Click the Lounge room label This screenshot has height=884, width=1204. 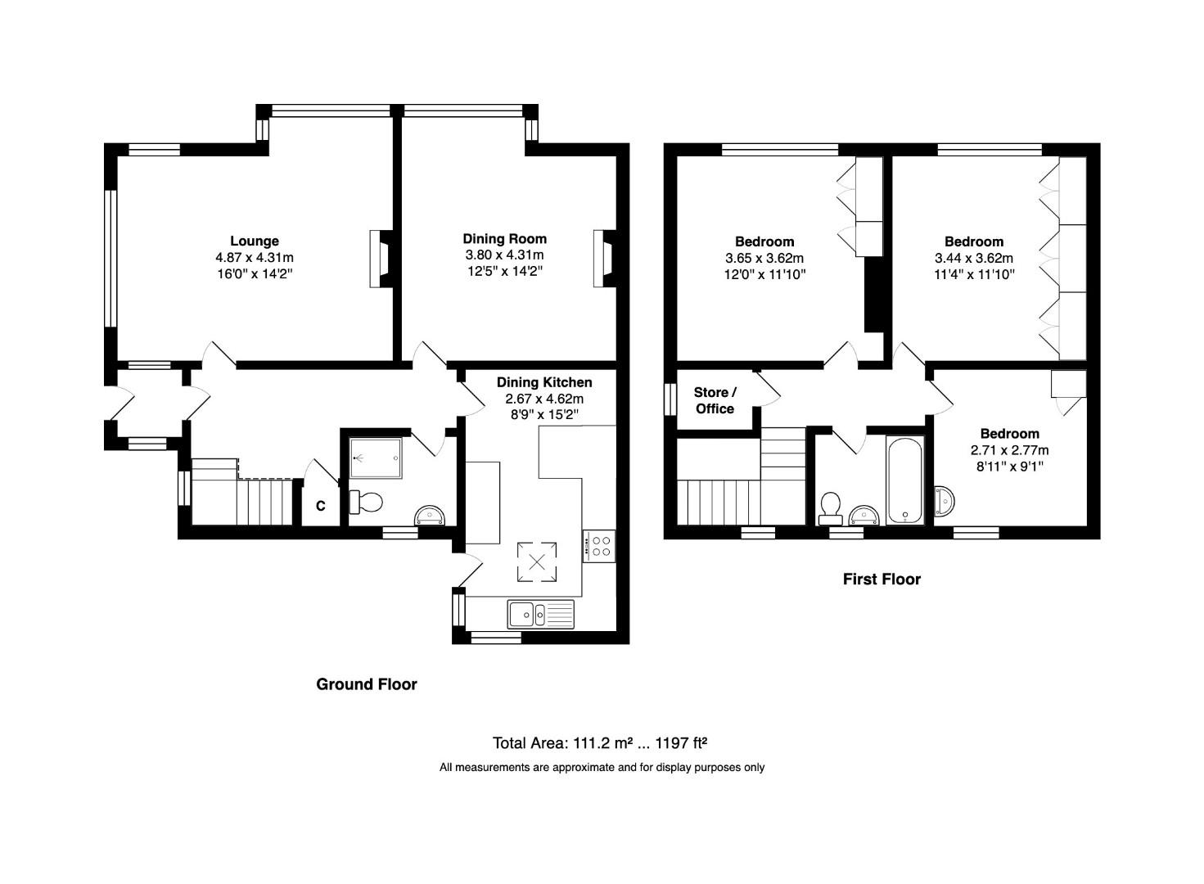click(255, 241)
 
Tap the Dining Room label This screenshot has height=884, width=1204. click(504, 239)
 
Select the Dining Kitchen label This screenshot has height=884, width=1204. click(544, 382)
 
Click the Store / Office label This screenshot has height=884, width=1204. click(715, 400)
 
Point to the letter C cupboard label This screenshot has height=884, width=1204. click(321, 507)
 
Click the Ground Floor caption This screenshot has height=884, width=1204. click(367, 684)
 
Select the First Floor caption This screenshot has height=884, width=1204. click(882, 580)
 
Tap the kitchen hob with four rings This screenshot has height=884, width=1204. click(599, 545)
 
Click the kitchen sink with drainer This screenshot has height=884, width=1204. click(541, 613)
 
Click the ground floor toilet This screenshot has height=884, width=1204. click(365, 501)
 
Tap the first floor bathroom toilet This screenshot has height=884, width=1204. click(831, 507)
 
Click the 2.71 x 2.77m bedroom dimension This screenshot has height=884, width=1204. click(1009, 450)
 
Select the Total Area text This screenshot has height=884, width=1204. click(599, 743)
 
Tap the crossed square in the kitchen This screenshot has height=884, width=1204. click(537, 562)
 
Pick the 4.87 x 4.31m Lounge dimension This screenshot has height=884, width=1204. click(255, 257)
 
